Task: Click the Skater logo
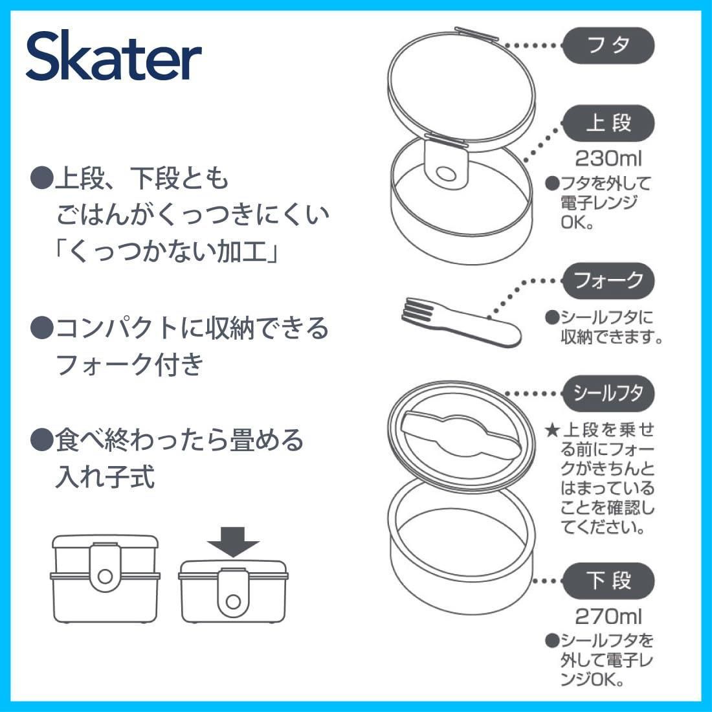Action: point(113,56)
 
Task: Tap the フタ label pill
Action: point(608,45)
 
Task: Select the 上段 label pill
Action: point(608,124)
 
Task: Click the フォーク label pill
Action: point(608,280)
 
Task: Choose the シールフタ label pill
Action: point(608,394)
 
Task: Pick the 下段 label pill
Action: point(608,581)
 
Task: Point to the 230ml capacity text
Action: point(608,159)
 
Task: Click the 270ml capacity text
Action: point(608,617)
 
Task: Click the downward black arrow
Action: point(233,542)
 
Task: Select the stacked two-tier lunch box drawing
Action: point(106,579)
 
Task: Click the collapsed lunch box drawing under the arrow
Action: point(233,591)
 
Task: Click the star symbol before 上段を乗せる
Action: point(552,430)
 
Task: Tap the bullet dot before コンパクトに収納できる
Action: point(42,328)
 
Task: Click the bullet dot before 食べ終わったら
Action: point(42,440)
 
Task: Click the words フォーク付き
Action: point(130,364)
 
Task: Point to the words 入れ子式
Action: point(105,476)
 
